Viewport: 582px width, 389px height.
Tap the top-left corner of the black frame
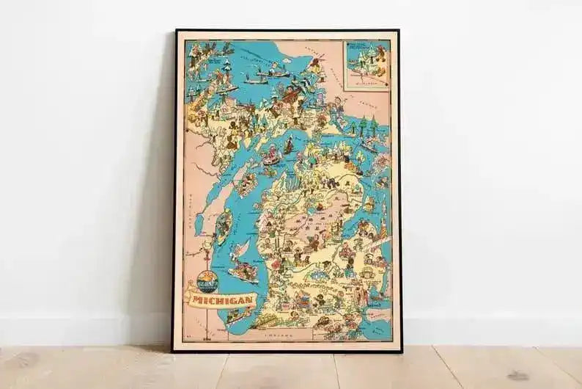pyautogui.click(x=176, y=32)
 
